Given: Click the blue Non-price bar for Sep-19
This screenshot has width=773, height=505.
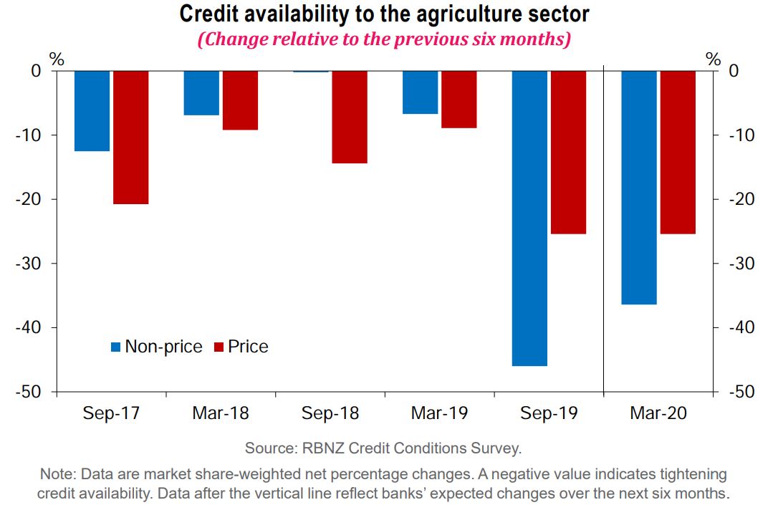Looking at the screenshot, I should coord(529,218).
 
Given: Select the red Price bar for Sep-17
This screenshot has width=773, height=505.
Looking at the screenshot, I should coord(130,137).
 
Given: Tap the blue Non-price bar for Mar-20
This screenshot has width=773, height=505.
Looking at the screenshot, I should coord(639,187).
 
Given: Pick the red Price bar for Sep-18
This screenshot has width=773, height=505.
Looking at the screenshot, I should coord(349,117).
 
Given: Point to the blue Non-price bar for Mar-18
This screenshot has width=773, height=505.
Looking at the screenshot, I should coord(201,92).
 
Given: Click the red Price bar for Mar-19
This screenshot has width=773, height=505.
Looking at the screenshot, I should coord(458,99).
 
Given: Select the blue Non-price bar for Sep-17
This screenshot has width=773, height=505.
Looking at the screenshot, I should coord(92,110).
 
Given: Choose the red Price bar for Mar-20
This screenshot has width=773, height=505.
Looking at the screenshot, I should coord(678,152).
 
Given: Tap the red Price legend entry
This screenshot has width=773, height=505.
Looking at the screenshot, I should coord(241,347).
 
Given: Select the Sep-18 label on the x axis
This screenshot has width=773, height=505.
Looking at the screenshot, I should coord(330,414).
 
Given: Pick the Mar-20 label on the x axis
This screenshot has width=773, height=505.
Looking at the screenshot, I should coord(658,414).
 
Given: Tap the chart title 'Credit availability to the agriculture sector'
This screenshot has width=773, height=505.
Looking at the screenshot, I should coord(384,14).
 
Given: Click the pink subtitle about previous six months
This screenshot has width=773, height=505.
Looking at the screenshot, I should coord(384,38).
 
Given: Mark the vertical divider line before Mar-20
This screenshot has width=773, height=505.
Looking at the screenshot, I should coord(604,229).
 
